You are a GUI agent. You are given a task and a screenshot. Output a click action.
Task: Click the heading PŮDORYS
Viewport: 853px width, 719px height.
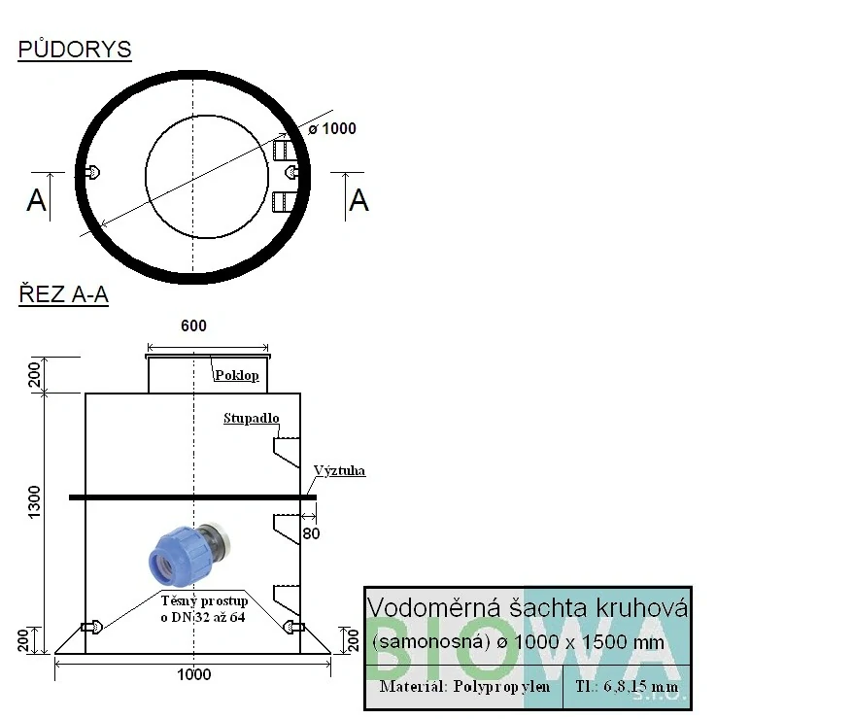tap(75, 50)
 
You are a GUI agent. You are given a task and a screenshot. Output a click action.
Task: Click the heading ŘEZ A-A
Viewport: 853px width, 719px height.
tap(64, 294)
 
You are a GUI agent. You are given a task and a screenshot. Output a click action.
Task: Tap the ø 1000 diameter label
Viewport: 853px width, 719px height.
tap(332, 129)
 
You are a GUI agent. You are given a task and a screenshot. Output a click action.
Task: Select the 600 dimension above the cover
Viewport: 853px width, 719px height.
tap(193, 325)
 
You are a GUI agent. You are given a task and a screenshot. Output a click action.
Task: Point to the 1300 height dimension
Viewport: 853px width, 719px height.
tap(34, 502)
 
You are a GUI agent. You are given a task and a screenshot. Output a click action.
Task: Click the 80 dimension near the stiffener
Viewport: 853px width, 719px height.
tap(311, 533)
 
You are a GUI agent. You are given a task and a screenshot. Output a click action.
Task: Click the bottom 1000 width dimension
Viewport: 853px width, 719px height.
tap(193, 674)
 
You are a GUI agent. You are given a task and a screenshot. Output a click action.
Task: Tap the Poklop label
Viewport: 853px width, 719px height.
tap(237, 375)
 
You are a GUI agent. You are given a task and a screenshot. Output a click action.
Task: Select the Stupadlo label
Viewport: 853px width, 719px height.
tap(252, 418)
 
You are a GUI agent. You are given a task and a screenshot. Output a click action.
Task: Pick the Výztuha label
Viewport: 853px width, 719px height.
tap(339, 470)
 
